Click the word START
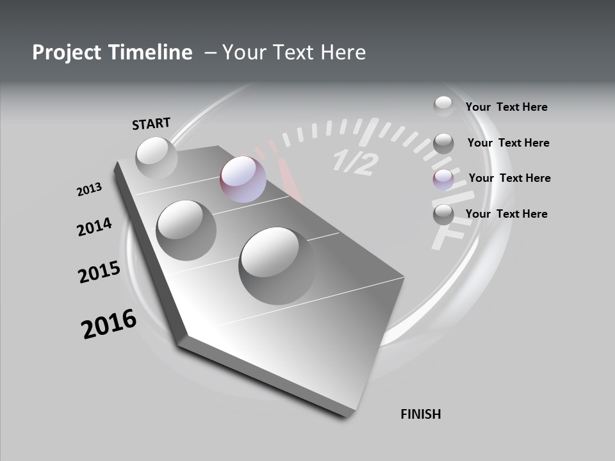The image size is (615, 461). pos(151,123)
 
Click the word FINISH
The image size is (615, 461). pos(420,414)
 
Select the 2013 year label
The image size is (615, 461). pos(89,190)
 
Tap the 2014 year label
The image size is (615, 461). pos(94,227)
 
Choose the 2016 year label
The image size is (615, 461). pos(108,324)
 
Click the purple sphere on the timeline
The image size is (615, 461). pos(243,179)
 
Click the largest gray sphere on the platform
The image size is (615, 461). pos(277,265)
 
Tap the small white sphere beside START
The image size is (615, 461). pos(156,157)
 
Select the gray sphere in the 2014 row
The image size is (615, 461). pos(186,230)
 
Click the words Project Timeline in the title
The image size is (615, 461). pos(112,53)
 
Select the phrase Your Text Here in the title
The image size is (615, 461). pos(294,53)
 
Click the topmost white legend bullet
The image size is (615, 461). pos(443,106)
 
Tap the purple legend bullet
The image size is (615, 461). pos(443,180)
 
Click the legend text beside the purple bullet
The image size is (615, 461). pos(509,178)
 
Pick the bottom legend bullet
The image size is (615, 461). pos(443,214)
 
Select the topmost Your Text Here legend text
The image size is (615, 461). pos(506,107)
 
